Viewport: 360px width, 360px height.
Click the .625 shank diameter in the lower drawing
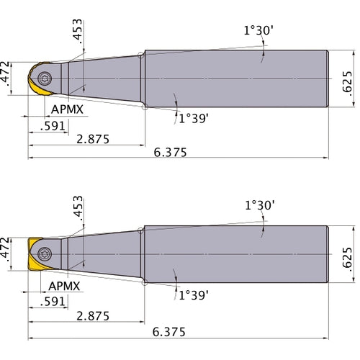[x=348, y=254]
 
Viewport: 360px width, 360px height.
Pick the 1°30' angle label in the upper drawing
[x=259, y=31]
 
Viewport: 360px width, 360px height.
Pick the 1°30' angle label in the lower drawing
[x=259, y=207]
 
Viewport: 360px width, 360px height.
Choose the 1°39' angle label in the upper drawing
[x=193, y=118]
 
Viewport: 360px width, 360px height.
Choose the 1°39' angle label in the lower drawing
[x=193, y=294]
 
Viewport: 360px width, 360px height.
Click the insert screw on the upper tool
[x=46, y=78]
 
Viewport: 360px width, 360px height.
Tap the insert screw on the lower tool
[x=46, y=253]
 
